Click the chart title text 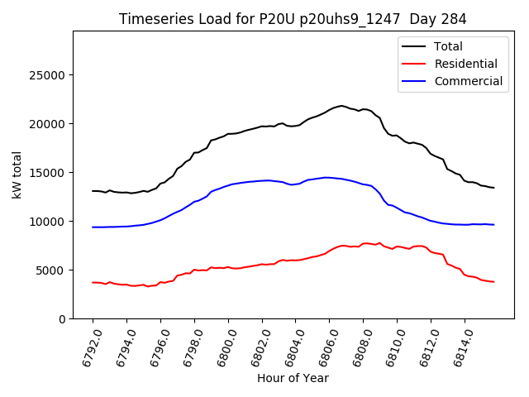point(293,19)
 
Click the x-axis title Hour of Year point(293,378)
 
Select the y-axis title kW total point(17,175)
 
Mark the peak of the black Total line point(341,106)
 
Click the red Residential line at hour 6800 point(228,267)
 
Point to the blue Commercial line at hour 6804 point(296,184)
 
